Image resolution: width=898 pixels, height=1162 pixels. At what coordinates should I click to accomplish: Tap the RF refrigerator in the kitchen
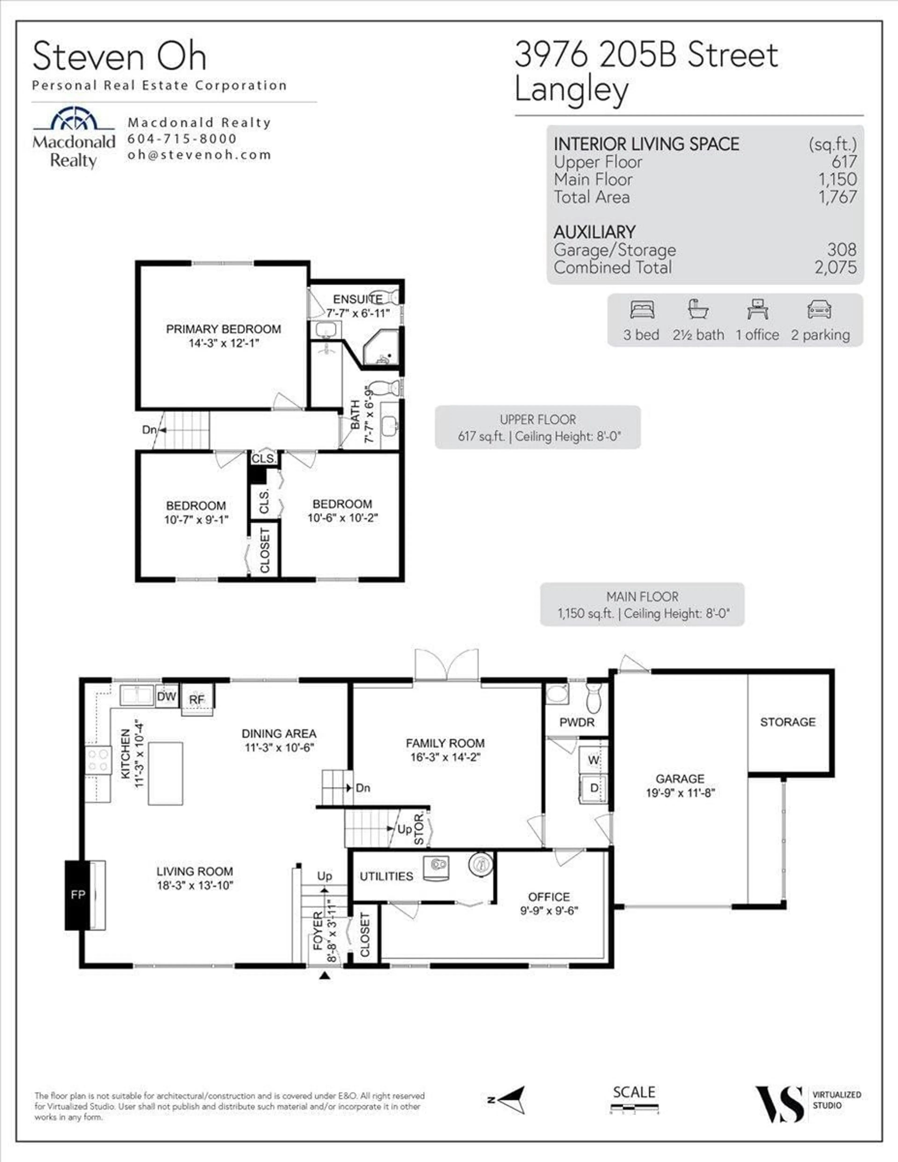pyautogui.click(x=197, y=699)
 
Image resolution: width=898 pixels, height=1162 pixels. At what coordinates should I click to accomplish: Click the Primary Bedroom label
pyautogui.click(x=224, y=329)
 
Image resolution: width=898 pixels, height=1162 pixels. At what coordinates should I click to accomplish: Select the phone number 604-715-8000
pyautogui.click(x=182, y=139)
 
